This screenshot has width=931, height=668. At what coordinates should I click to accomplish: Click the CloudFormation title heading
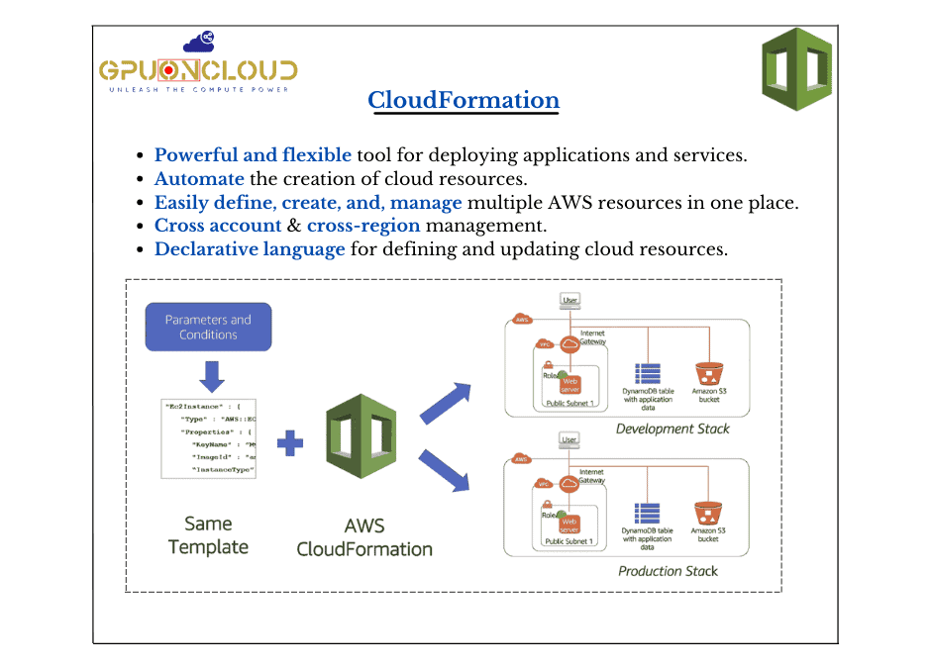point(463,100)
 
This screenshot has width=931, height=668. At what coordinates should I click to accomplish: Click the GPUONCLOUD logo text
point(198,70)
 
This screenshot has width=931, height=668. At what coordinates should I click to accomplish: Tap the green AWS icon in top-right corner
point(795,69)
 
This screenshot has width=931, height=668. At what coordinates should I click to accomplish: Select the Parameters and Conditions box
point(208,327)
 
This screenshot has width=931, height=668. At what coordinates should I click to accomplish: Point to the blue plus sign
point(290,442)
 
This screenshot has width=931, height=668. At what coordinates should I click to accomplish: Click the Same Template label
point(208,534)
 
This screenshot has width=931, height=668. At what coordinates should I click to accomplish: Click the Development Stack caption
point(672,429)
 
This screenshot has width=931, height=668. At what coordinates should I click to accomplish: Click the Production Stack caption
point(668,571)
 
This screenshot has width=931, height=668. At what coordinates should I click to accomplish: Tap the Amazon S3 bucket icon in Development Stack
point(708,373)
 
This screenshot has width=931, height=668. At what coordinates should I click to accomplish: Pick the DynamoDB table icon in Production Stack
point(647,515)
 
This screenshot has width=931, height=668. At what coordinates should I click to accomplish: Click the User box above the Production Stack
point(569,438)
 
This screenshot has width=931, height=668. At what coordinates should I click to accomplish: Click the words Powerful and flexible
point(253,155)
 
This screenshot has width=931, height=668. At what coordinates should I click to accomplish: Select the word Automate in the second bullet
point(199,179)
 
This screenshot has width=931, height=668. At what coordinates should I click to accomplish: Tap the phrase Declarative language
point(250,249)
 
